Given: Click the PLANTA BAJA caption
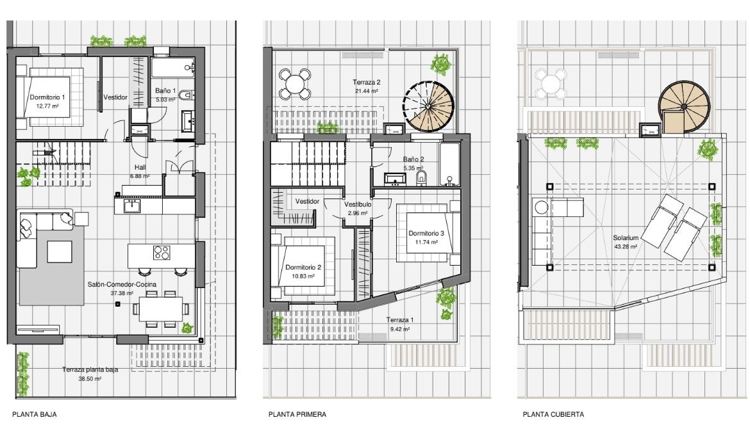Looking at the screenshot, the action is coord(35,415).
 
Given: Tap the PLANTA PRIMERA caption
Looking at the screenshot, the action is coord(297,415).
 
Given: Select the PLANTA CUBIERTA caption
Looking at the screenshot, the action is coord(553,415).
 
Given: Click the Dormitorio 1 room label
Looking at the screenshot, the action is coord(47,97).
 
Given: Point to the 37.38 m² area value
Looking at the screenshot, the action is coord(122,293).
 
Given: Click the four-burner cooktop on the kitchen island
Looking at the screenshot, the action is coord(162,252).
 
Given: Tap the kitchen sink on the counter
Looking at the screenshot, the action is coord(131,206).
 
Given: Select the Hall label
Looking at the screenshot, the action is coord(140,168).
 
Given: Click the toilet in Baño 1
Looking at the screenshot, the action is coord(186,95).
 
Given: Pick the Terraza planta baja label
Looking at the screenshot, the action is coord(90,369).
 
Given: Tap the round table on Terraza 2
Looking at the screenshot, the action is coord(295,85).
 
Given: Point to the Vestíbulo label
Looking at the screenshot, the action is coord(358,204).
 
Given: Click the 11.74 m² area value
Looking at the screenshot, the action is coord(426,242).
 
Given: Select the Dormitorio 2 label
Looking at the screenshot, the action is coord(303,268).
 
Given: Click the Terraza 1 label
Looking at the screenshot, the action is coord(400,320).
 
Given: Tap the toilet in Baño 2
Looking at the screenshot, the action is coord(421,179).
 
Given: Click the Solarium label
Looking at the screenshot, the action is coord(626,238).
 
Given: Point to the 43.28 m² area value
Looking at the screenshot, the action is coord(626,247).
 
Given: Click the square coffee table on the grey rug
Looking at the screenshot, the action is coord(60,252).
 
